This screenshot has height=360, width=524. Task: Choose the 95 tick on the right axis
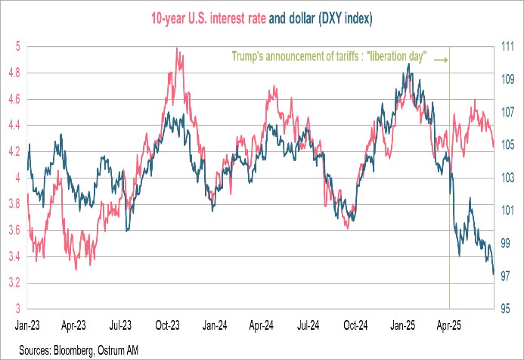coord(508,309)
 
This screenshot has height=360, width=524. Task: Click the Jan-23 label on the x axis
coord(29,330)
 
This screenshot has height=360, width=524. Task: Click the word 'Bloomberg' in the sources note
coord(69,351)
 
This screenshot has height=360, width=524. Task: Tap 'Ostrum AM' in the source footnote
coord(117,351)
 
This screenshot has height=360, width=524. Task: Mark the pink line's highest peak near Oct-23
coord(176,48)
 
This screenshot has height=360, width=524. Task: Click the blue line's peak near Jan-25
coord(409,64)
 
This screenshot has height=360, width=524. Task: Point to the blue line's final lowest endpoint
coord(494,275)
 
